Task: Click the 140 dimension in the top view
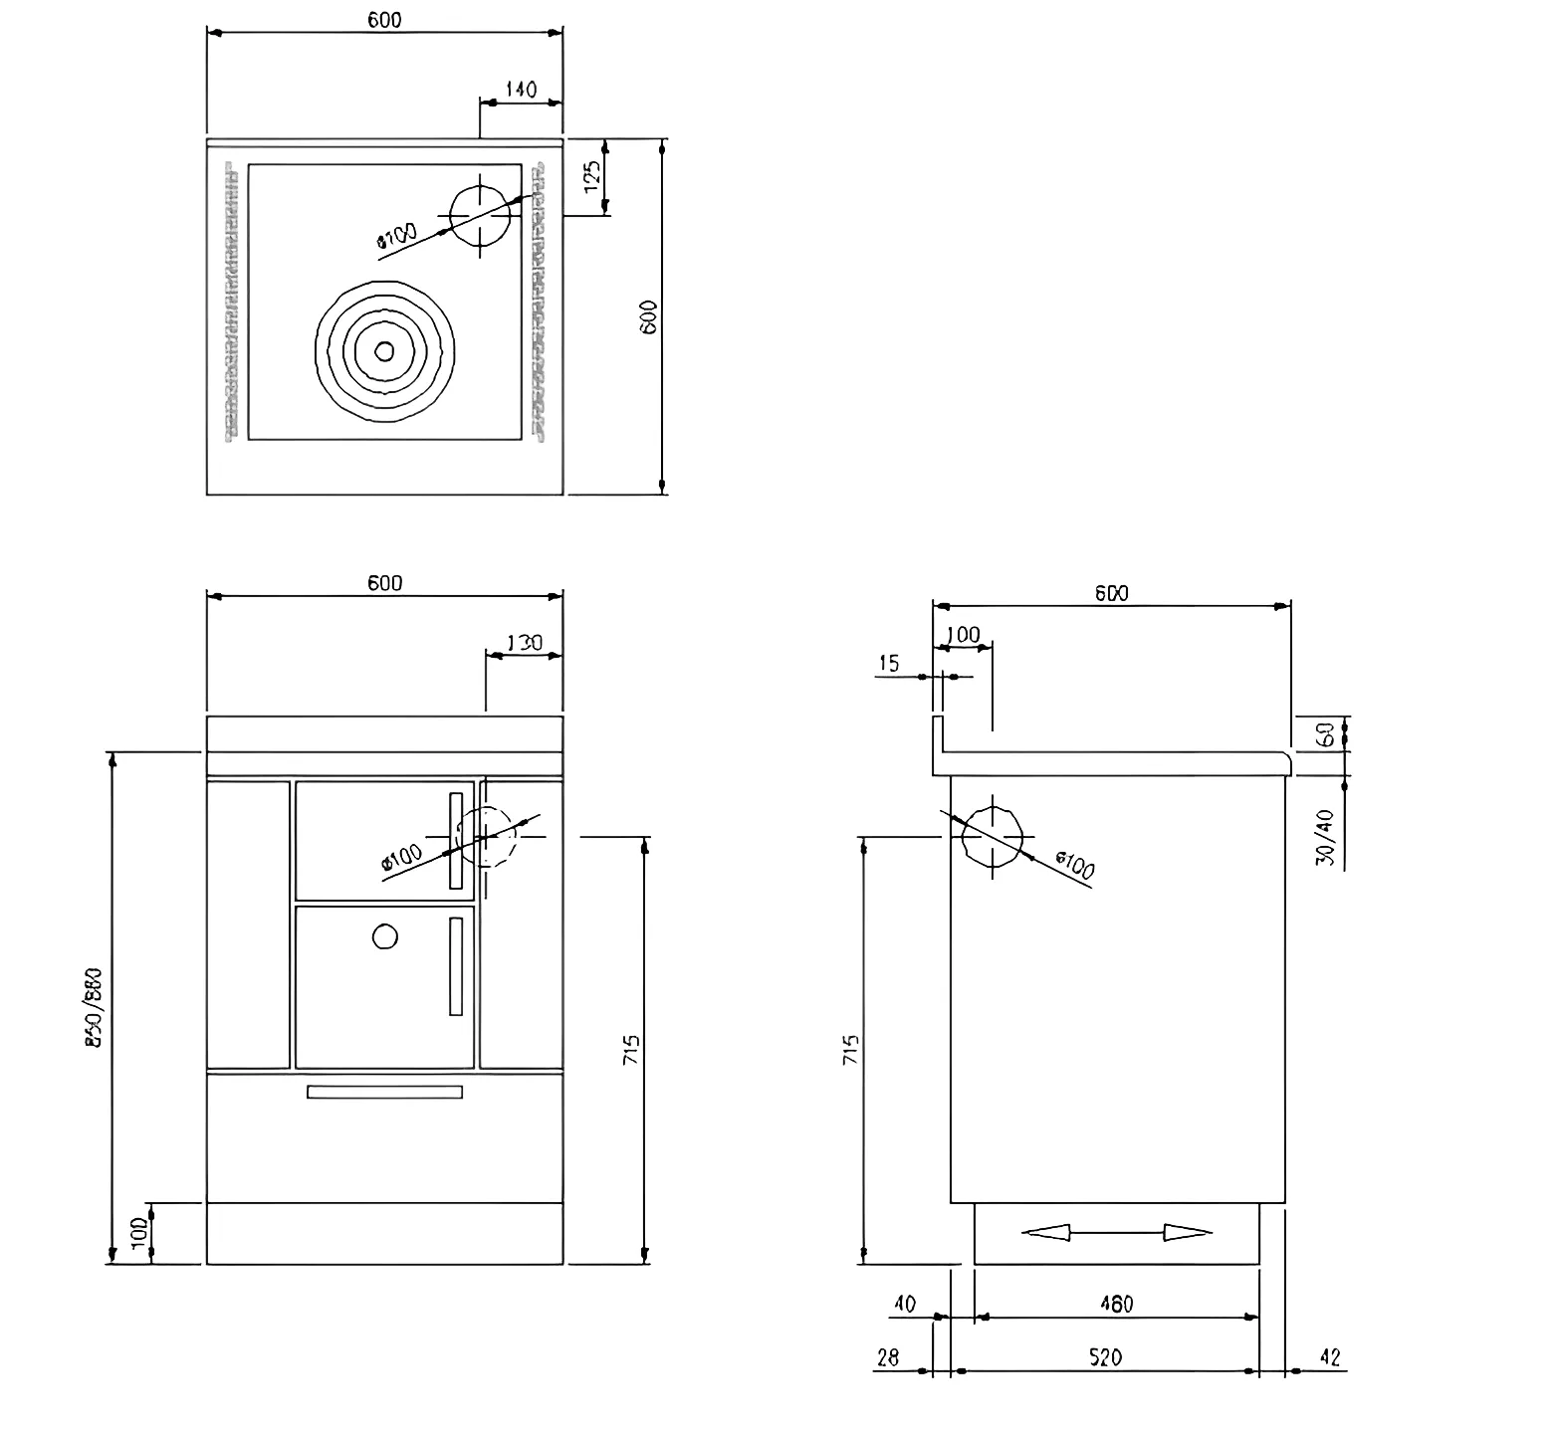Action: coord(521,90)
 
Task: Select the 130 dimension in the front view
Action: coord(524,643)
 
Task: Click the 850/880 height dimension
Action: coord(96,1007)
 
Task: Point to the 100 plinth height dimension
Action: coord(140,1233)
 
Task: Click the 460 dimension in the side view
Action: coord(1116,1304)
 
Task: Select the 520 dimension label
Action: coord(1105,1357)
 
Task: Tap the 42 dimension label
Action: coord(1329,1357)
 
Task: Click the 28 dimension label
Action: coord(888,1357)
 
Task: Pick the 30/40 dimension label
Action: coord(1324,838)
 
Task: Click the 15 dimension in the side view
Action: coord(889,664)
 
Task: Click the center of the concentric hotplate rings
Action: coord(384,350)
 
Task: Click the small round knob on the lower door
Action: coord(385,936)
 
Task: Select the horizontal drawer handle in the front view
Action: coord(384,1092)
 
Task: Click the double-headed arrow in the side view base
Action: coord(1116,1233)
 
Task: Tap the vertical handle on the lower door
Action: coord(456,965)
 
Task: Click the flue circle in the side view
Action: coord(993,837)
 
